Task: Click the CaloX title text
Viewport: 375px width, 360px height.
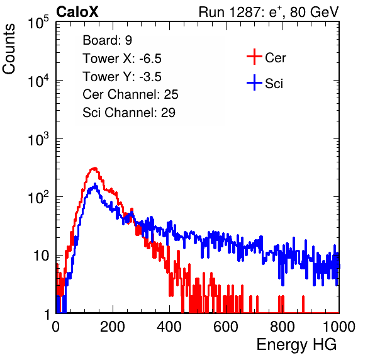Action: pyautogui.click(x=77, y=12)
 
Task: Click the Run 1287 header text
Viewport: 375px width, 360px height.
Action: pyautogui.click(x=269, y=12)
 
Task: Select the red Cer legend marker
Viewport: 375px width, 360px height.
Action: pyautogui.click(x=254, y=57)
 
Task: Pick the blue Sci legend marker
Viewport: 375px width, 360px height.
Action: pyautogui.click(x=254, y=82)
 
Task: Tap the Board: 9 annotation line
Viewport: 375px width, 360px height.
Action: pyautogui.click(x=107, y=40)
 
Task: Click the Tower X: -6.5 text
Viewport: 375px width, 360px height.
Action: pyautogui.click(x=122, y=59)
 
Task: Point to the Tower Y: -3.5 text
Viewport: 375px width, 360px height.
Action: pyautogui.click(x=122, y=77)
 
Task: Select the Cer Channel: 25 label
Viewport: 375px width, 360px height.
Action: pyautogui.click(x=130, y=94)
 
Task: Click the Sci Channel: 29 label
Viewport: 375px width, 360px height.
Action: pyautogui.click(x=129, y=113)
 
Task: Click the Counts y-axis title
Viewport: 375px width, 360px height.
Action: pyautogui.click(x=9, y=49)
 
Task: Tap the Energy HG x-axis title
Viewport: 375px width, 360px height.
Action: pyautogui.click(x=296, y=345)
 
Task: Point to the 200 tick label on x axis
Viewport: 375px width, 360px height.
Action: pyautogui.click(x=113, y=327)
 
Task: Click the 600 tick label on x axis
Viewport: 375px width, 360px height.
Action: pyautogui.click(x=226, y=327)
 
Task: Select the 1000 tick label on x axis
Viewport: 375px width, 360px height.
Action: pyautogui.click(x=339, y=327)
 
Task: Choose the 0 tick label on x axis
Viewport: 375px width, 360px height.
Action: pyautogui.click(x=56, y=327)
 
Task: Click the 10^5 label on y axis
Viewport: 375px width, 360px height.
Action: pyautogui.click(x=38, y=22)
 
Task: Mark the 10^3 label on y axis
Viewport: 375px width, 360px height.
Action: pyautogui.click(x=38, y=139)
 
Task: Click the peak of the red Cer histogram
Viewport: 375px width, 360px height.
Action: pyautogui.click(x=95, y=168)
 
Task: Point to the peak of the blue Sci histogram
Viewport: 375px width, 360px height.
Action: pyautogui.click(x=95, y=184)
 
